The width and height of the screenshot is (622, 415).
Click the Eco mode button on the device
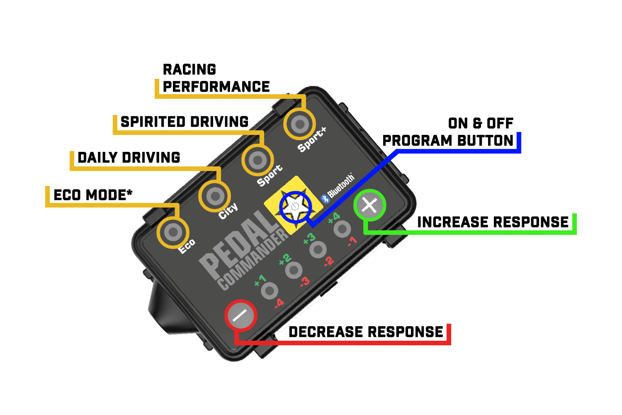(173, 232)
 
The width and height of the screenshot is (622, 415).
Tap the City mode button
(215, 196)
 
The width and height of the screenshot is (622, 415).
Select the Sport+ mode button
(300, 124)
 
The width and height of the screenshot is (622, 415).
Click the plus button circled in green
(369, 205)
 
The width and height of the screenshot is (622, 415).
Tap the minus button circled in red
(241, 315)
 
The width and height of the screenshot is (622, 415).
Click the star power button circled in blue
(295, 207)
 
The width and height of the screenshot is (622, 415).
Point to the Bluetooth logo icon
(325, 199)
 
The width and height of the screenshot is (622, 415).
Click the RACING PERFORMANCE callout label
(216, 78)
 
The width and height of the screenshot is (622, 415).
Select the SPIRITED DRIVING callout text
(185, 122)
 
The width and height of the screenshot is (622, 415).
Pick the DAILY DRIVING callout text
(129, 158)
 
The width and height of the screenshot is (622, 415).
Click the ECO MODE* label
(93, 195)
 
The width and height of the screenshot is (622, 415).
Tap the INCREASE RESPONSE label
(493, 222)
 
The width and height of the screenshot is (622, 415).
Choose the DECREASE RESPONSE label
(366, 332)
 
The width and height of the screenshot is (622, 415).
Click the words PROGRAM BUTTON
(448, 140)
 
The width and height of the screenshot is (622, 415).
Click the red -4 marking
(279, 303)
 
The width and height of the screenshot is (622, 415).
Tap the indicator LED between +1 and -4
(270, 291)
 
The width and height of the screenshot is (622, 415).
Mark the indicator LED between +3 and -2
(318, 249)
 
